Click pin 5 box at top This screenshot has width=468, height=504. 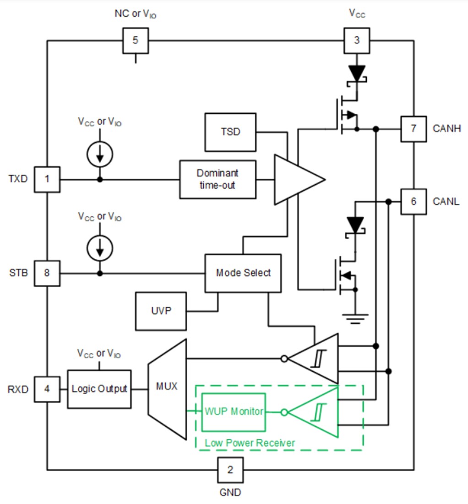[135, 40]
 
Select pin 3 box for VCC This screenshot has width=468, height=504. [357, 40]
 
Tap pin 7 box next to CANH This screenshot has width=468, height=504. [414, 129]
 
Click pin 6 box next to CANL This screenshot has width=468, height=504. [414, 202]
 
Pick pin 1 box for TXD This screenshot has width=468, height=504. [47, 179]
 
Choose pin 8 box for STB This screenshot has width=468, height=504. [47, 274]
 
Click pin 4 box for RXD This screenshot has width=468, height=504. [47, 389]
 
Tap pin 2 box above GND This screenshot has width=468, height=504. [230, 470]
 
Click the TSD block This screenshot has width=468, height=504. [230, 132]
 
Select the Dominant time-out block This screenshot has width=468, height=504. [218, 180]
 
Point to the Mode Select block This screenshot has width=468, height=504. [243, 273]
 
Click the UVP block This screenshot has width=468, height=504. [161, 311]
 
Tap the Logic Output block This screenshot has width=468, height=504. [99, 389]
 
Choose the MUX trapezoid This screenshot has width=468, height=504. [167, 389]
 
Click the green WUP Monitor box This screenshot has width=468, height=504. [234, 412]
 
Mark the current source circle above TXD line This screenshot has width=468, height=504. [100, 154]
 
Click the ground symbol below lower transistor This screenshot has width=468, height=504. [356, 317]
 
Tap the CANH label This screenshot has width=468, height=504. [446, 129]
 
